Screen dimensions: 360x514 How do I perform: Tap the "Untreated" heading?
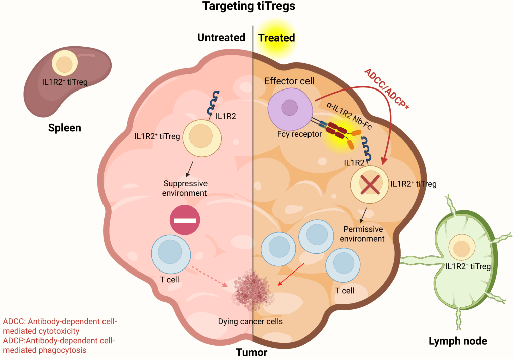click(x=221, y=38)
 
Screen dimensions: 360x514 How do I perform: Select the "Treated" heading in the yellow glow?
click(x=276, y=38)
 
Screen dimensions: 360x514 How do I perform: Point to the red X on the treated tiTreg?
click(x=370, y=185)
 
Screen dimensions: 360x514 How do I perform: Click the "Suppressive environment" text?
click(x=184, y=188)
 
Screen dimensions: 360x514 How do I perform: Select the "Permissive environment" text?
click(x=362, y=234)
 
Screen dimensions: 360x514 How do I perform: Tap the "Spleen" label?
click(x=64, y=128)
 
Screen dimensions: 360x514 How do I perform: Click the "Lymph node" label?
click(x=458, y=342)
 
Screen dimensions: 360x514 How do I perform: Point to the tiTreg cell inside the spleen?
click(x=64, y=64)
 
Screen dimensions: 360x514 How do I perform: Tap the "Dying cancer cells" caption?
click(x=250, y=321)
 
